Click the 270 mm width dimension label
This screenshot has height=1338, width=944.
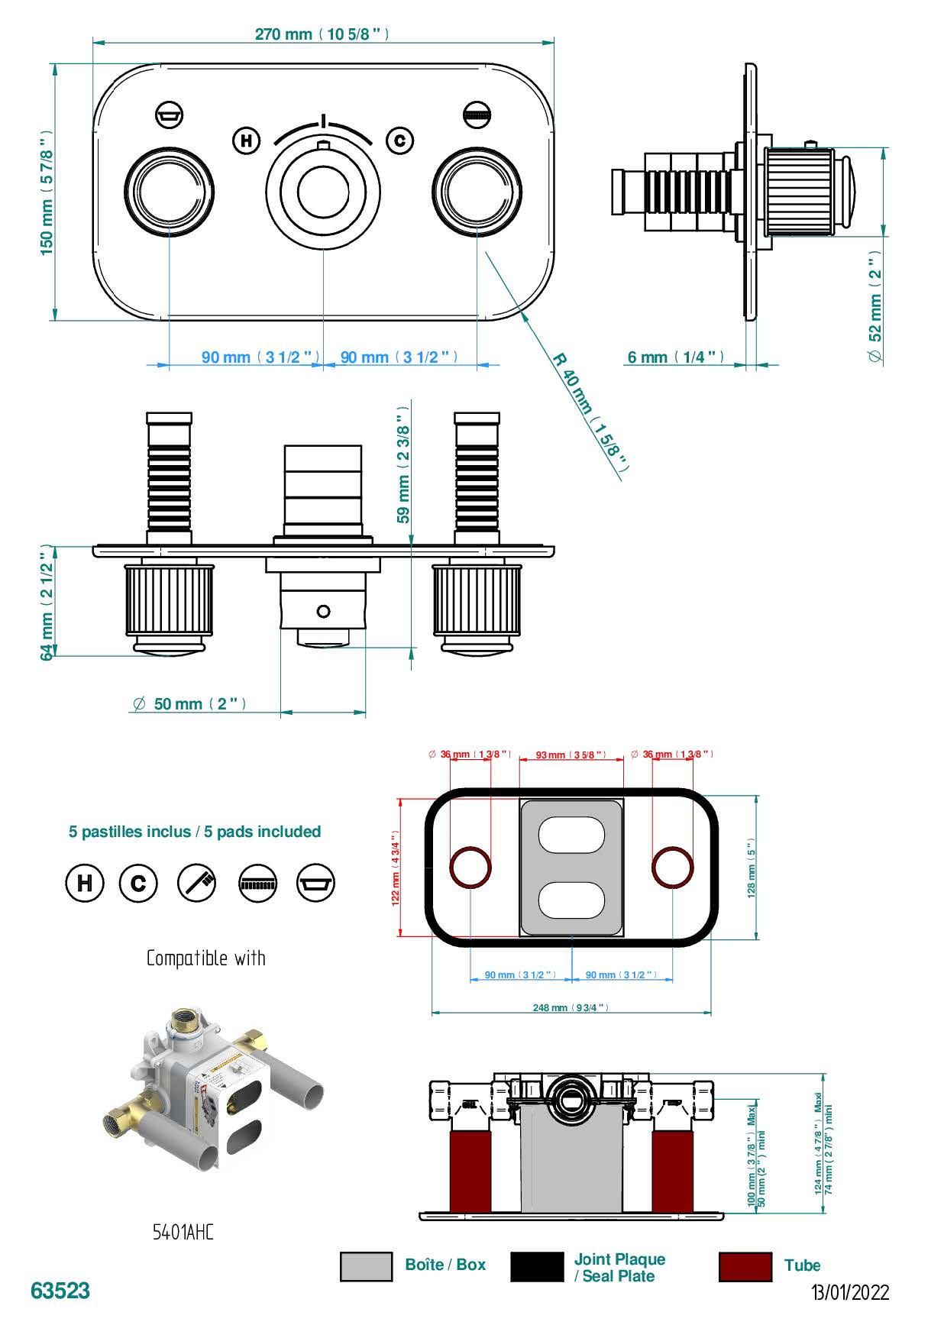322,34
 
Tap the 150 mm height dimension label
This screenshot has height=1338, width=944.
47,192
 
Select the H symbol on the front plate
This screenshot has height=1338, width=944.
246,141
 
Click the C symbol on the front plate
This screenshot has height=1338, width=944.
399,141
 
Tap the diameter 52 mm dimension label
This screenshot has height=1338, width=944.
875,305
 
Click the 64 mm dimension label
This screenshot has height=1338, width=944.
47,602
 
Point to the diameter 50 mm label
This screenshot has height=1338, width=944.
189,704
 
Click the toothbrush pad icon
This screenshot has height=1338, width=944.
197,883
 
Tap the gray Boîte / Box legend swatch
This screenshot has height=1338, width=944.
366,1267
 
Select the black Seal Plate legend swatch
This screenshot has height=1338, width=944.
537,1267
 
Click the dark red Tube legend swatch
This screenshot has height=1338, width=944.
745,1267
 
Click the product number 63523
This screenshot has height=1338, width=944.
60,1291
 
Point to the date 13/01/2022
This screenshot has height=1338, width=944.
850,1292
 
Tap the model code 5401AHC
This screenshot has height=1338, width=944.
183,1232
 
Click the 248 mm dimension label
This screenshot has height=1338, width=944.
571,1008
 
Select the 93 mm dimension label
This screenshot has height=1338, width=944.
571,755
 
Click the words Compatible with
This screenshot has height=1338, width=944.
205,958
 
